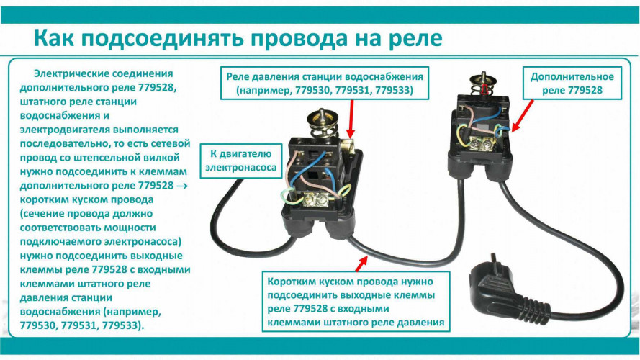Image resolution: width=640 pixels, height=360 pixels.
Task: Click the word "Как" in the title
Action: (58, 37)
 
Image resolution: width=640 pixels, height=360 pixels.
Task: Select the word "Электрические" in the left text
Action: (70, 74)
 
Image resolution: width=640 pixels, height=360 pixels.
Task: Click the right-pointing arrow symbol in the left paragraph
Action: (179, 185)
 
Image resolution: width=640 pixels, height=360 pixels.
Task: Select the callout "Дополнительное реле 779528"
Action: (572, 83)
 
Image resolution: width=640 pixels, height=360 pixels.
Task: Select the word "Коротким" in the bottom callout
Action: (297, 282)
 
